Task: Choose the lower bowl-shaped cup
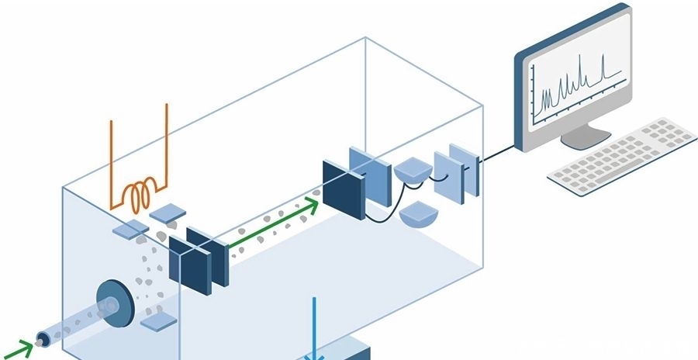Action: [422, 213]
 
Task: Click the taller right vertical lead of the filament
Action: [168, 144]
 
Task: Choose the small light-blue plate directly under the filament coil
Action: [164, 211]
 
